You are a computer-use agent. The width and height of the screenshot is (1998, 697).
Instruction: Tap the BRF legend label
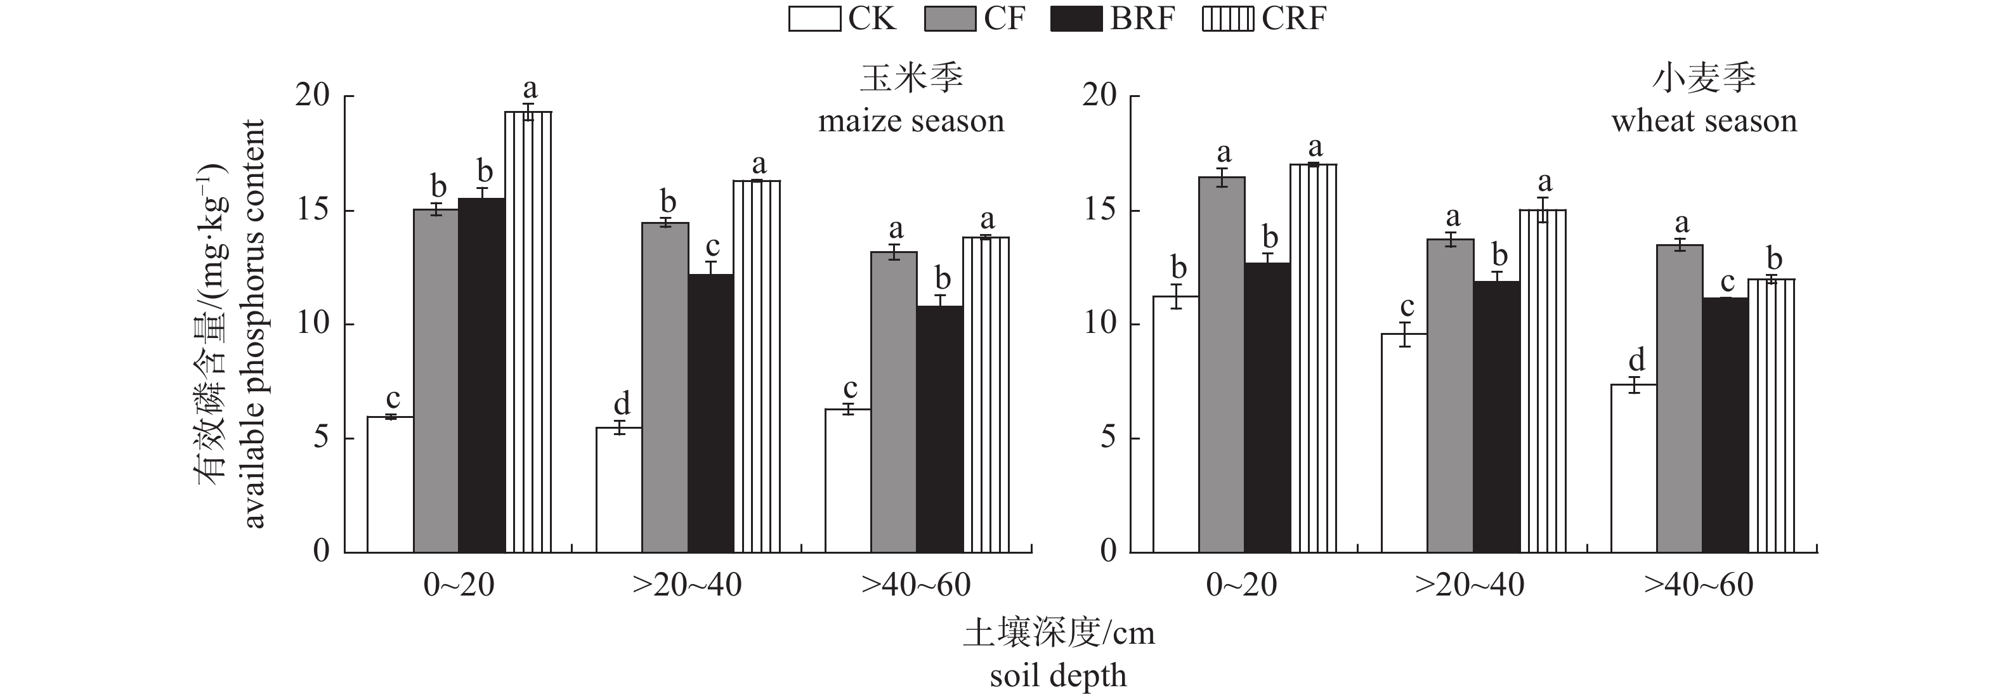pyautogui.click(x=1142, y=18)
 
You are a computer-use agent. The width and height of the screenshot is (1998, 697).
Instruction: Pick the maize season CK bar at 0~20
pyautogui.click(x=390, y=485)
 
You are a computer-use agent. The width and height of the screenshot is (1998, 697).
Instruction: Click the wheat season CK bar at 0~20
pyautogui.click(x=1176, y=424)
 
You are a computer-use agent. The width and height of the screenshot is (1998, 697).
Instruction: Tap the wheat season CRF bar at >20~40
pyautogui.click(x=1543, y=381)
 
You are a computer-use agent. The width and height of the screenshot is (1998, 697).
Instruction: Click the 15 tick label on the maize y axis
pyautogui.click(x=313, y=211)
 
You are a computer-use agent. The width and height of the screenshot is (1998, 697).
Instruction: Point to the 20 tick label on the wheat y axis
pyautogui.click(x=1100, y=96)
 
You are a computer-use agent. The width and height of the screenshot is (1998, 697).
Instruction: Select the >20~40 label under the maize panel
pyautogui.click(x=687, y=585)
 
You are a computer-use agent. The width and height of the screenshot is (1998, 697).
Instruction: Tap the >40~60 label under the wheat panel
pyautogui.click(x=1699, y=585)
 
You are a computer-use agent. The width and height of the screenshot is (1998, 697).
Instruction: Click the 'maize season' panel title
pyautogui.click(x=911, y=122)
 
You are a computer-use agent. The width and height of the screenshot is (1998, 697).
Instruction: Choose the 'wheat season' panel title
pyautogui.click(x=1704, y=122)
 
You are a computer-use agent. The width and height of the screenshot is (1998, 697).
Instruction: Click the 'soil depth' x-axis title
pyautogui.click(x=1058, y=676)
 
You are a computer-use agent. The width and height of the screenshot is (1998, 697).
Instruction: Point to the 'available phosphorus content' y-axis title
pyautogui.click(x=254, y=324)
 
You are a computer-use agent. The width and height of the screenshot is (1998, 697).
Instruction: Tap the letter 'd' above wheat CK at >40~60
pyautogui.click(x=1636, y=360)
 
